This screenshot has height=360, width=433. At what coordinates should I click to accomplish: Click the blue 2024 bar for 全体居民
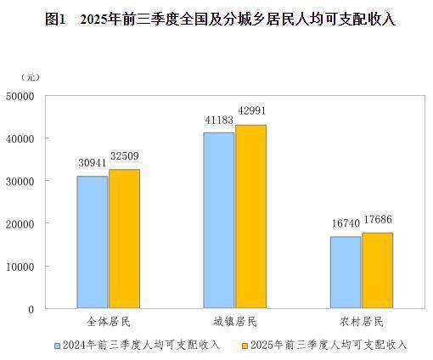pyautogui.click(x=93, y=242)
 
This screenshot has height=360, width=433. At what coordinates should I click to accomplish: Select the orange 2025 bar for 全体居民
pyautogui.click(x=124, y=239)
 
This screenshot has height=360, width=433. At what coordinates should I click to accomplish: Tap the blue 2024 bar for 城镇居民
pyautogui.click(x=219, y=220)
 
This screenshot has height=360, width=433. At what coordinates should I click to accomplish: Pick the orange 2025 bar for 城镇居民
pyautogui.click(x=250, y=217)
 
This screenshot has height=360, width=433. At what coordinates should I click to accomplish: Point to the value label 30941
pyautogui.click(x=92, y=162)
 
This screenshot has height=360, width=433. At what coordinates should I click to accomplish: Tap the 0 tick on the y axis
pyautogui.click(x=31, y=309)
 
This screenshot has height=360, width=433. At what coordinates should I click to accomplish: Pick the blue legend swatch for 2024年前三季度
pyautogui.click(x=57, y=346)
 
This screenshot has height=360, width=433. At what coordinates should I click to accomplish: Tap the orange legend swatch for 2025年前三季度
pyautogui.click(x=245, y=346)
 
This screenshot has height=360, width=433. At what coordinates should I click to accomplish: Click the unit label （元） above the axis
pyautogui.click(x=30, y=78)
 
